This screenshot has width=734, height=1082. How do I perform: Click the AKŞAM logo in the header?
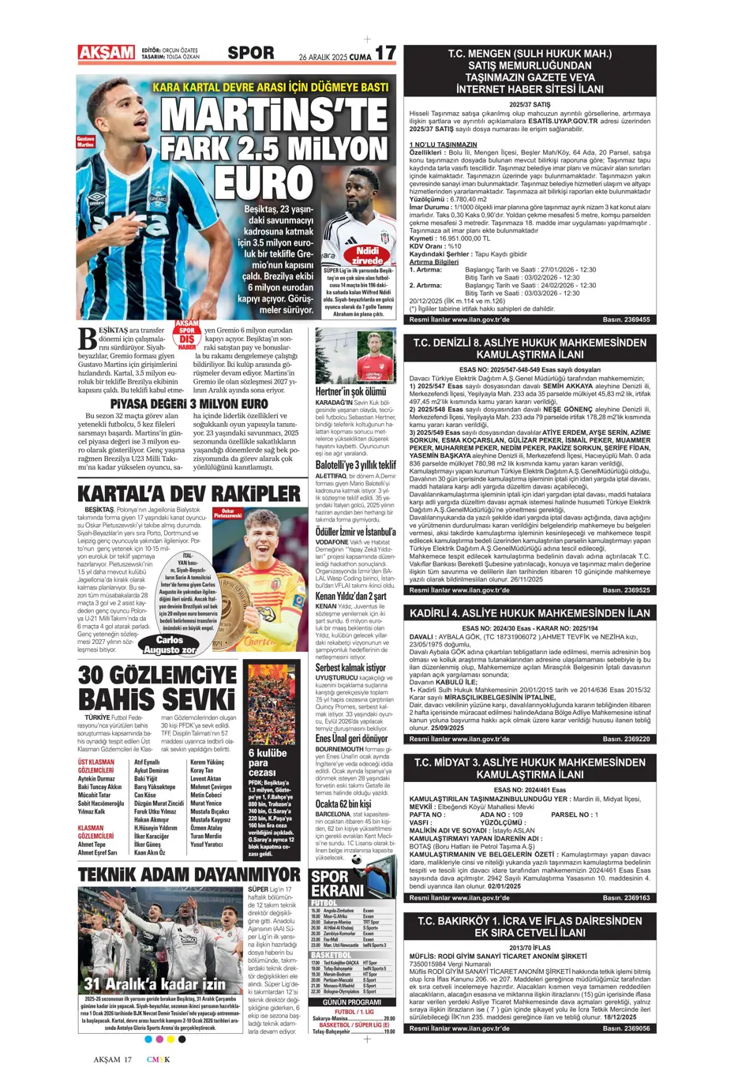[x=106, y=52]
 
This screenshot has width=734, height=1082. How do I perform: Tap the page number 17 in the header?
[x=384, y=53]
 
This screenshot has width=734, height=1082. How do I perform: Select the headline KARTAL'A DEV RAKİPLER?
[x=189, y=493]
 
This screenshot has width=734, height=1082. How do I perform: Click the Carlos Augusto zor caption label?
[x=170, y=645]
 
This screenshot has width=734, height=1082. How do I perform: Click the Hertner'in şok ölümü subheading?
[x=350, y=391]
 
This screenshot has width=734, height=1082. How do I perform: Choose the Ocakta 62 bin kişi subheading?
[x=344, y=803]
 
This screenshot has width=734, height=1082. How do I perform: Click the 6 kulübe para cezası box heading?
[x=268, y=762]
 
